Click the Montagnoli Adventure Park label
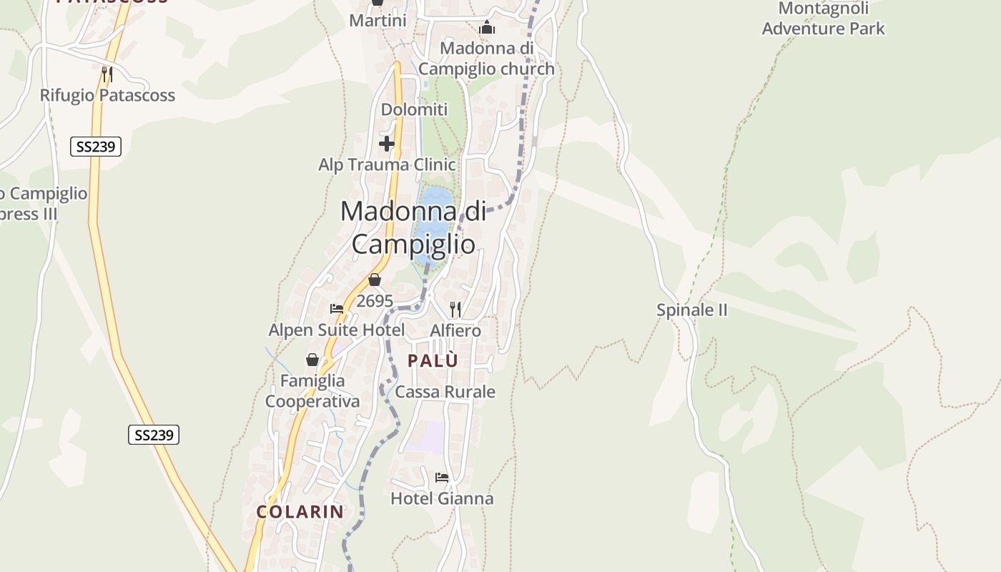click(823, 19)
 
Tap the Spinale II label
click(691, 310)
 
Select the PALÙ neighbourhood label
click(433, 361)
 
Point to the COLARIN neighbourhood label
click(300, 512)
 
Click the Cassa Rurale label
click(445, 392)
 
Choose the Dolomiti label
click(414, 109)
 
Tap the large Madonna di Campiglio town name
click(413, 227)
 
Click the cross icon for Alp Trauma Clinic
click(387, 144)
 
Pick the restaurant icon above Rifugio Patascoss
click(107, 74)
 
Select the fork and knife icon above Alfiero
click(455, 309)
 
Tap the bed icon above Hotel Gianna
click(442, 477)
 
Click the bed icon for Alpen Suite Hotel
click(337, 309)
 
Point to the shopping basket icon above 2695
click(375, 280)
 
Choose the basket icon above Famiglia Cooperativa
click(312, 359)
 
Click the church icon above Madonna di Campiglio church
click(487, 28)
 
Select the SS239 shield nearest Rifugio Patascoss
click(96, 147)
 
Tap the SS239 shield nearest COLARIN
click(154, 435)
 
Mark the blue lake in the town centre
click(432, 218)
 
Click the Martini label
click(378, 21)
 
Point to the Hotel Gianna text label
click(442, 498)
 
